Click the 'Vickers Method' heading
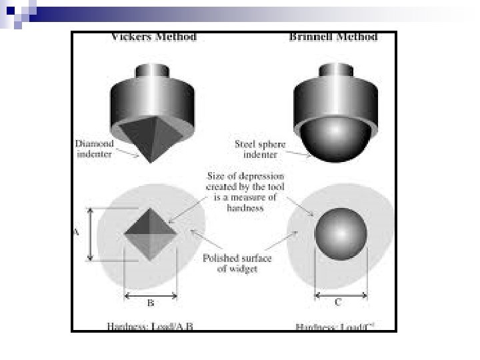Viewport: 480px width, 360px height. [153, 37]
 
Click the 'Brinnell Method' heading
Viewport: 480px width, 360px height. [334, 37]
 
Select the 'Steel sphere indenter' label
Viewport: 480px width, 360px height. [261, 148]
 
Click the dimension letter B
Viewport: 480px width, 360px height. [151, 303]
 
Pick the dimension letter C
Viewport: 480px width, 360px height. [338, 303]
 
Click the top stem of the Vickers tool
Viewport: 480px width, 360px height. [154, 72]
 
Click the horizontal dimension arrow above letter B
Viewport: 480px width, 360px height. [151, 293]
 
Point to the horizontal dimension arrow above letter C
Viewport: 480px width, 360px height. [340, 293]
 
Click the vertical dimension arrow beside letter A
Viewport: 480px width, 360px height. [91, 233]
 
